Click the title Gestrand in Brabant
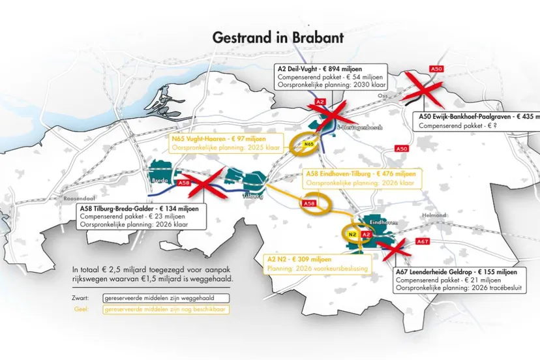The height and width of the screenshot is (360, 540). pos(278,38)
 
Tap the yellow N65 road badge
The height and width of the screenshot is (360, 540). pos(309,143)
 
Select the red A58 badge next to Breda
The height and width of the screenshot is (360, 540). pos(184,183)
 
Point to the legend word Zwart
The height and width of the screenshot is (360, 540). pos(82,297)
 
